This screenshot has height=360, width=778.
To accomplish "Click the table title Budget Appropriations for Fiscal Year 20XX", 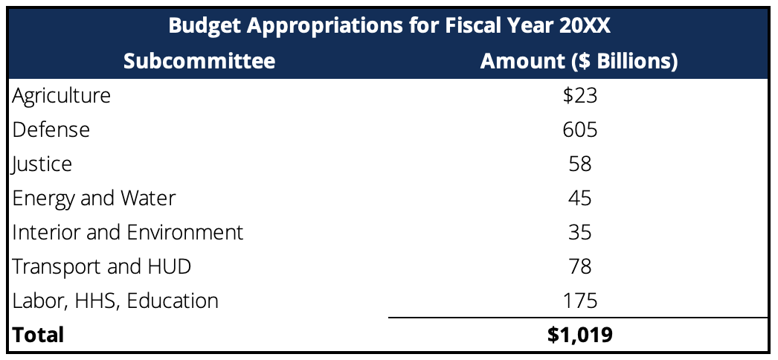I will point(389,25).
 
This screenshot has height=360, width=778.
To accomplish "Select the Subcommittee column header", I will point(199,61).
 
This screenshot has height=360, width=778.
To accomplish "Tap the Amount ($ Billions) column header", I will point(579,61).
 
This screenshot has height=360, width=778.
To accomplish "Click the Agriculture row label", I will point(62,95).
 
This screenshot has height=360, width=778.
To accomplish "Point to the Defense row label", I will point(51,129).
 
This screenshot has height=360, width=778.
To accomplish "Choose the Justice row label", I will point(42,164).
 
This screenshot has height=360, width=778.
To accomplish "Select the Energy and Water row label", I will point(94,198).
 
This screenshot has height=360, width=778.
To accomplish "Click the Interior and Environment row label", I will point(128,232).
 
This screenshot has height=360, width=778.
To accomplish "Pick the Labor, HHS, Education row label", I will point(116,300).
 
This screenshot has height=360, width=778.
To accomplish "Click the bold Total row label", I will point(39,335).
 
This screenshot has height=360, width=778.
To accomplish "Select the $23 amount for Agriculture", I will point(579,95).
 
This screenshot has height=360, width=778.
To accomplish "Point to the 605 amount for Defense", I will point(579,129).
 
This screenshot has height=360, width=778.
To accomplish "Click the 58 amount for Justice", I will point(579,164).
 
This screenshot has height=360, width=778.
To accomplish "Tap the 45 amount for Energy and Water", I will point(579,198).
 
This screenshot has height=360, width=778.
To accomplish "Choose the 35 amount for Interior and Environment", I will point(579,232).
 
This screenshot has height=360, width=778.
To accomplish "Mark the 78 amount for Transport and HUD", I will point(579,266).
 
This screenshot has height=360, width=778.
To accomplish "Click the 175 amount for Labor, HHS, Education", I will point(579,300).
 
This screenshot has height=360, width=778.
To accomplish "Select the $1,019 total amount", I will point(579,335).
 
